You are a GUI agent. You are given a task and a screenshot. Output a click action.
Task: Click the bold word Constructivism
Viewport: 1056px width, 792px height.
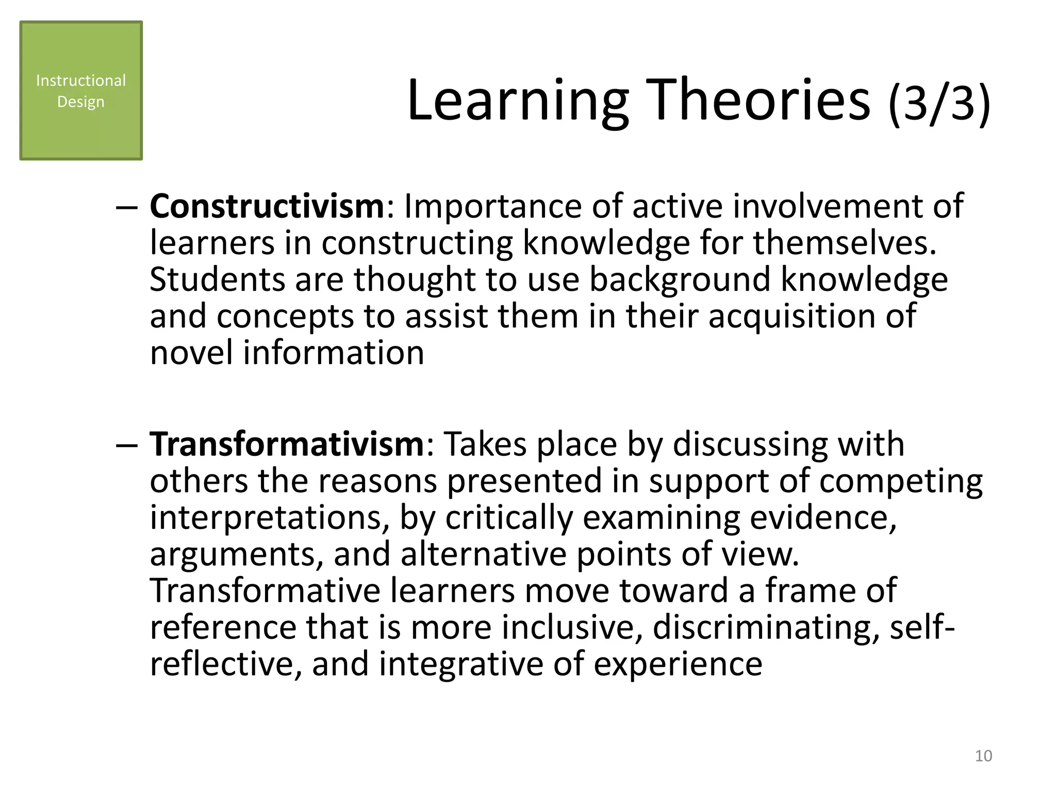click(267, 206)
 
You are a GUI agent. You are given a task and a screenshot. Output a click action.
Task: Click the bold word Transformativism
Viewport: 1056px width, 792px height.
click(287, 444)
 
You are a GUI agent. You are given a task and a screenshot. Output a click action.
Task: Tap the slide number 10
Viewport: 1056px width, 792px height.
click(983, 756)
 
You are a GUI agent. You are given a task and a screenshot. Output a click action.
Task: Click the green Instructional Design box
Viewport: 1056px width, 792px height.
click(81, 91)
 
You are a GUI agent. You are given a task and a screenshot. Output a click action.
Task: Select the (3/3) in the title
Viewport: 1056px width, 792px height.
click(939, 103)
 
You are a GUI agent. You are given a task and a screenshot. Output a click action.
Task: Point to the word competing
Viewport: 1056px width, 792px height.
click(901, 482)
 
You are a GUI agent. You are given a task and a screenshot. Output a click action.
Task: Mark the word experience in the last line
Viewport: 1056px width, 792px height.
click(678, 665)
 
